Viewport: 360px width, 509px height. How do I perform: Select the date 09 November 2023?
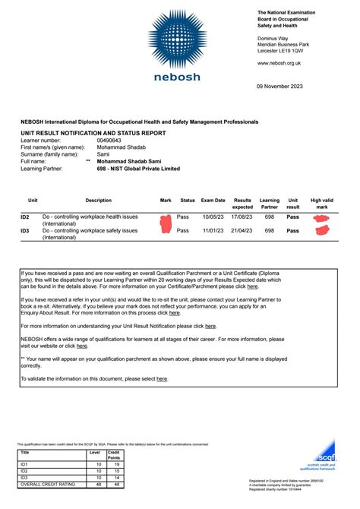click(282, 84)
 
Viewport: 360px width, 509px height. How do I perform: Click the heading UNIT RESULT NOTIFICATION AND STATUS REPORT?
click(93, 133)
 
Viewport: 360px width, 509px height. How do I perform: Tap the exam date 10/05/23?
click(213, 218)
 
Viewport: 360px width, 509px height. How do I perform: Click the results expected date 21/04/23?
click(242, 230)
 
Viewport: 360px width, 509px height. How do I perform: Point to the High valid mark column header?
click(321, 203)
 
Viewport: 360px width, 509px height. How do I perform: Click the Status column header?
click(188, 200)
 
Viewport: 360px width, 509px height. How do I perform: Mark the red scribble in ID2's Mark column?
click(166, 221)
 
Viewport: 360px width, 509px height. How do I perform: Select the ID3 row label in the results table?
click(25, 230)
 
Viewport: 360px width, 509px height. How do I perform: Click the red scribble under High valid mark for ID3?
click(321, 231)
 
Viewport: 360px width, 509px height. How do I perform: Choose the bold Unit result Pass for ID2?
click(292, 218)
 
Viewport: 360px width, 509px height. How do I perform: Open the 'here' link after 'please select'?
click(162, 378)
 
